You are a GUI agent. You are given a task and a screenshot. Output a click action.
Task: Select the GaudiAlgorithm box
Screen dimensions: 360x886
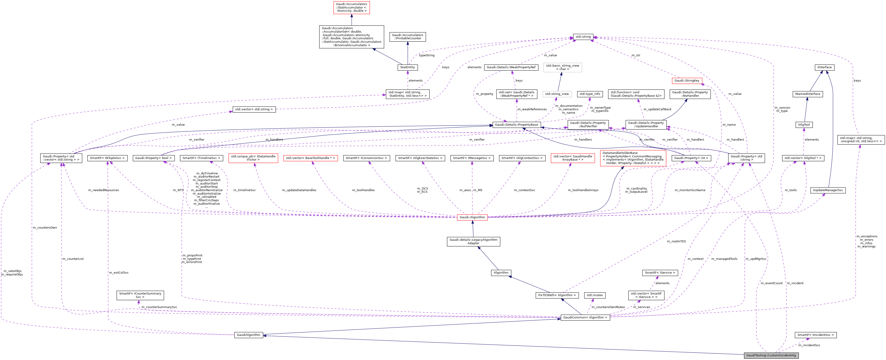pyautogui.click(x=249, y=335)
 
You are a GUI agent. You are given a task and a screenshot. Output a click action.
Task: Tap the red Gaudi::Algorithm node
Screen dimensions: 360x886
pyautogui.click(x=472, y=217)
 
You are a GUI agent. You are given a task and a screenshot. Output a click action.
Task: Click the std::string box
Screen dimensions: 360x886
pyautogui.click(x=583, y=37)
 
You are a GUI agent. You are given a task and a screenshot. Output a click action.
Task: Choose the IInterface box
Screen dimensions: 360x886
pyautogui.click(x=824, y=67)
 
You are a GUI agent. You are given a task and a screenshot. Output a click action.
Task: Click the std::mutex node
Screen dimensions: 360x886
pyautogui.click(x=595, y=295)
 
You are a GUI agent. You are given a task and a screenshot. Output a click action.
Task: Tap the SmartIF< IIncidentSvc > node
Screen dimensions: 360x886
pyautogui.click(x=815, y=335)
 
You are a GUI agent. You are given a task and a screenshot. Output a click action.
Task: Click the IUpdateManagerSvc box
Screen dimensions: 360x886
pyautogui.click(x=828, y=190)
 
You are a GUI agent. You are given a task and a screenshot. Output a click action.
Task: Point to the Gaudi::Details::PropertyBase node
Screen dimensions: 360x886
pyautogui.click(x=516, y=125)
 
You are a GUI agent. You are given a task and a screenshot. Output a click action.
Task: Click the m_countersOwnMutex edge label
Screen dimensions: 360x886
pyautogui.click(x=608, y=307)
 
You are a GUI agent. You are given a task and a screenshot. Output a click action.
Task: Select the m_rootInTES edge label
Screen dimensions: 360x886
pyautogui.click(x=676, y=241)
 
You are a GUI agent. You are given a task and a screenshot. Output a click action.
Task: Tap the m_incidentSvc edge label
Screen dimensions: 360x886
pyautogui.click(x=809, y=345)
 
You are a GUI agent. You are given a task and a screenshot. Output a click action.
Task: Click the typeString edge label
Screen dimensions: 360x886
pyautogui.click(x=426, y=55)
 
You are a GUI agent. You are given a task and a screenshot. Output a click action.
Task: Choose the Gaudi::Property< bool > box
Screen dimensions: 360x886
pyautogui.click(x=153, y=158)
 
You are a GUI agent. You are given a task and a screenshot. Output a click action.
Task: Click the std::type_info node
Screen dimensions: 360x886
pyautogui.click(x=590, y=94)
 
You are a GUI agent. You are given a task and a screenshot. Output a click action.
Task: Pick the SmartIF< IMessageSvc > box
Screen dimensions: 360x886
pyautogui.click(x=472, y=158)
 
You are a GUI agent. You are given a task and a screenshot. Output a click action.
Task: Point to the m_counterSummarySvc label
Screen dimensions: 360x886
pyautogui.click(x=159, y=307)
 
